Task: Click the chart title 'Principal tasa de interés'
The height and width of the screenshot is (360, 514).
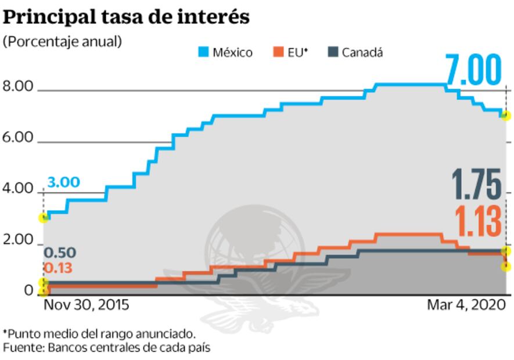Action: click(x=126, y=17)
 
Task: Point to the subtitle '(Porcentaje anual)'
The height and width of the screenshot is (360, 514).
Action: click(x=63, y=42)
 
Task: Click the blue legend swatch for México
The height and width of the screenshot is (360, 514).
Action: click(x=203, y=52)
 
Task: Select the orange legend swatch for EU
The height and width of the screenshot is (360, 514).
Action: click(x=278, y=52)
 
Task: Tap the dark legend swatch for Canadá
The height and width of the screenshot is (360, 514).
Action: click(x=333, y=52)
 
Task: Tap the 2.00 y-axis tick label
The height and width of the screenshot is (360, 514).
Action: click(x=19, y=240)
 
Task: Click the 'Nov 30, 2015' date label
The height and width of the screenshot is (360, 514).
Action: click(x=86, y=305)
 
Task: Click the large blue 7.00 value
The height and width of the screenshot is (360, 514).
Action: click(x=473, y=71)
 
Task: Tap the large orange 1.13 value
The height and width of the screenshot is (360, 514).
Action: click(x=477, y=222)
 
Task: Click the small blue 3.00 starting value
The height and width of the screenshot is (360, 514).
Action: click(x=63, y=182)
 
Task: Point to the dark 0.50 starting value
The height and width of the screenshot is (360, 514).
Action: click(x=59, y=253)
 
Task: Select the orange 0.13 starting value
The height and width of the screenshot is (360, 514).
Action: click(x=59, y=268)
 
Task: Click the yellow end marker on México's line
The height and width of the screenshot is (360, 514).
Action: click(x=506, y=116)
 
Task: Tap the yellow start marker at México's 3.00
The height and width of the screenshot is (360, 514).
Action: click(x=42, y=218)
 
